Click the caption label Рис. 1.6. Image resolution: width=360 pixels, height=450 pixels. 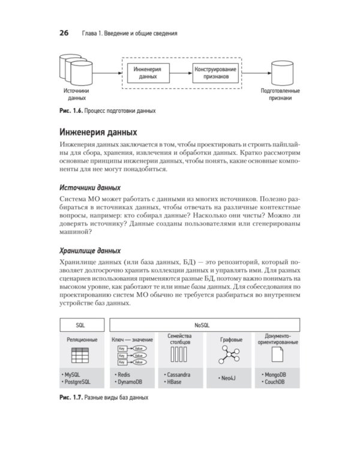pos(70,110)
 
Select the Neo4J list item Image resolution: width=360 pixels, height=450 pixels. pos(226,380)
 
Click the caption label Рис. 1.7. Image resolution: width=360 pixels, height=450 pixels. pos(70,398)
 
